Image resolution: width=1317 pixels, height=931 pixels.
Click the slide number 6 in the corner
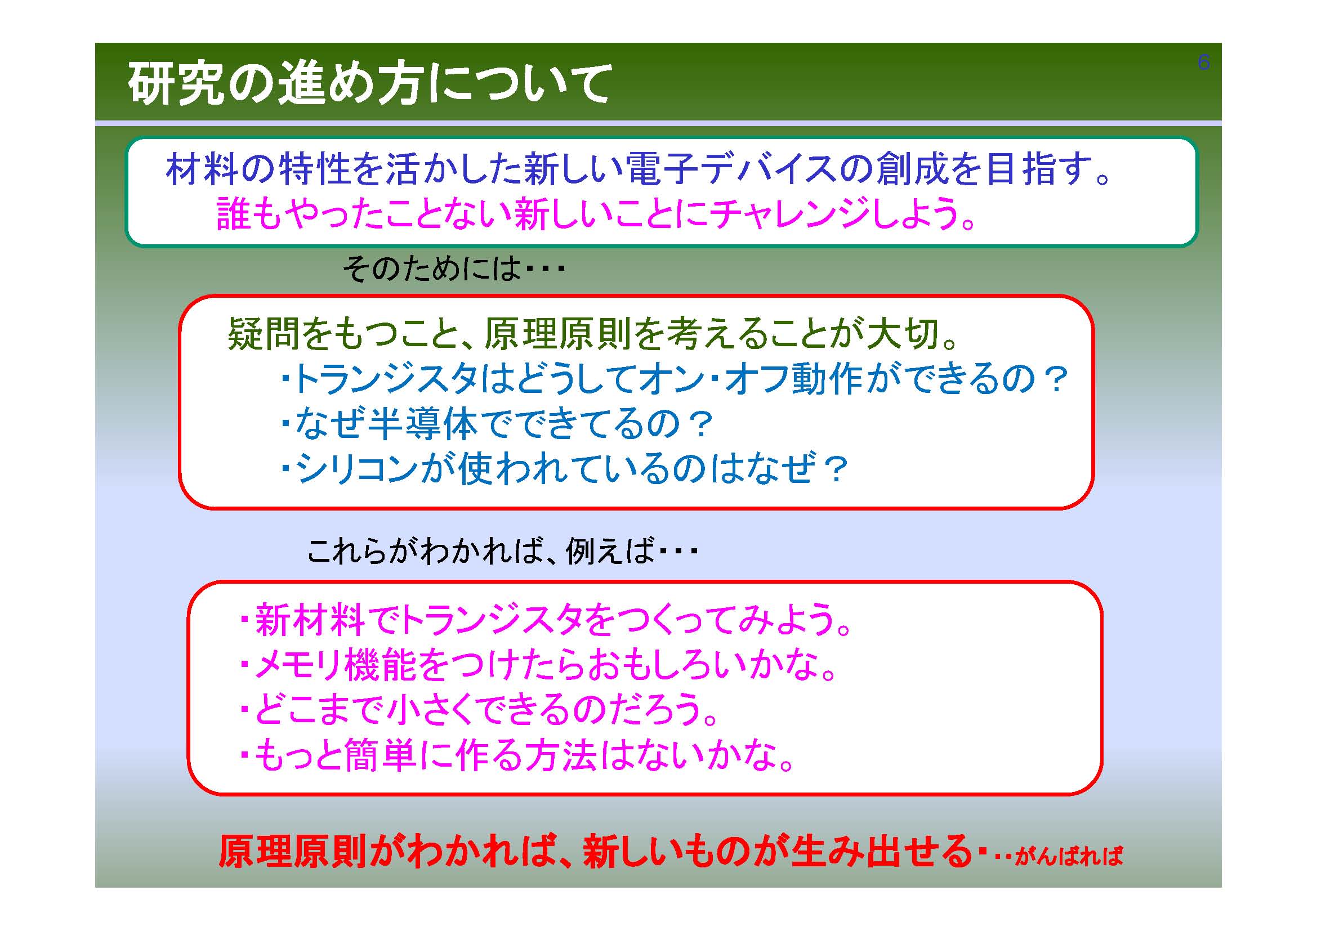[1203, 62]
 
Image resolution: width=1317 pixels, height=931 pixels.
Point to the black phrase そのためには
[432, 269]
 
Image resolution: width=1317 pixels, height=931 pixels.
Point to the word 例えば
[610, 552]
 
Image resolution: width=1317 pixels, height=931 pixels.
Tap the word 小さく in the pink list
[432, 710]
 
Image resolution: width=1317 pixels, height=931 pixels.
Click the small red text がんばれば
[1069, 856]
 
